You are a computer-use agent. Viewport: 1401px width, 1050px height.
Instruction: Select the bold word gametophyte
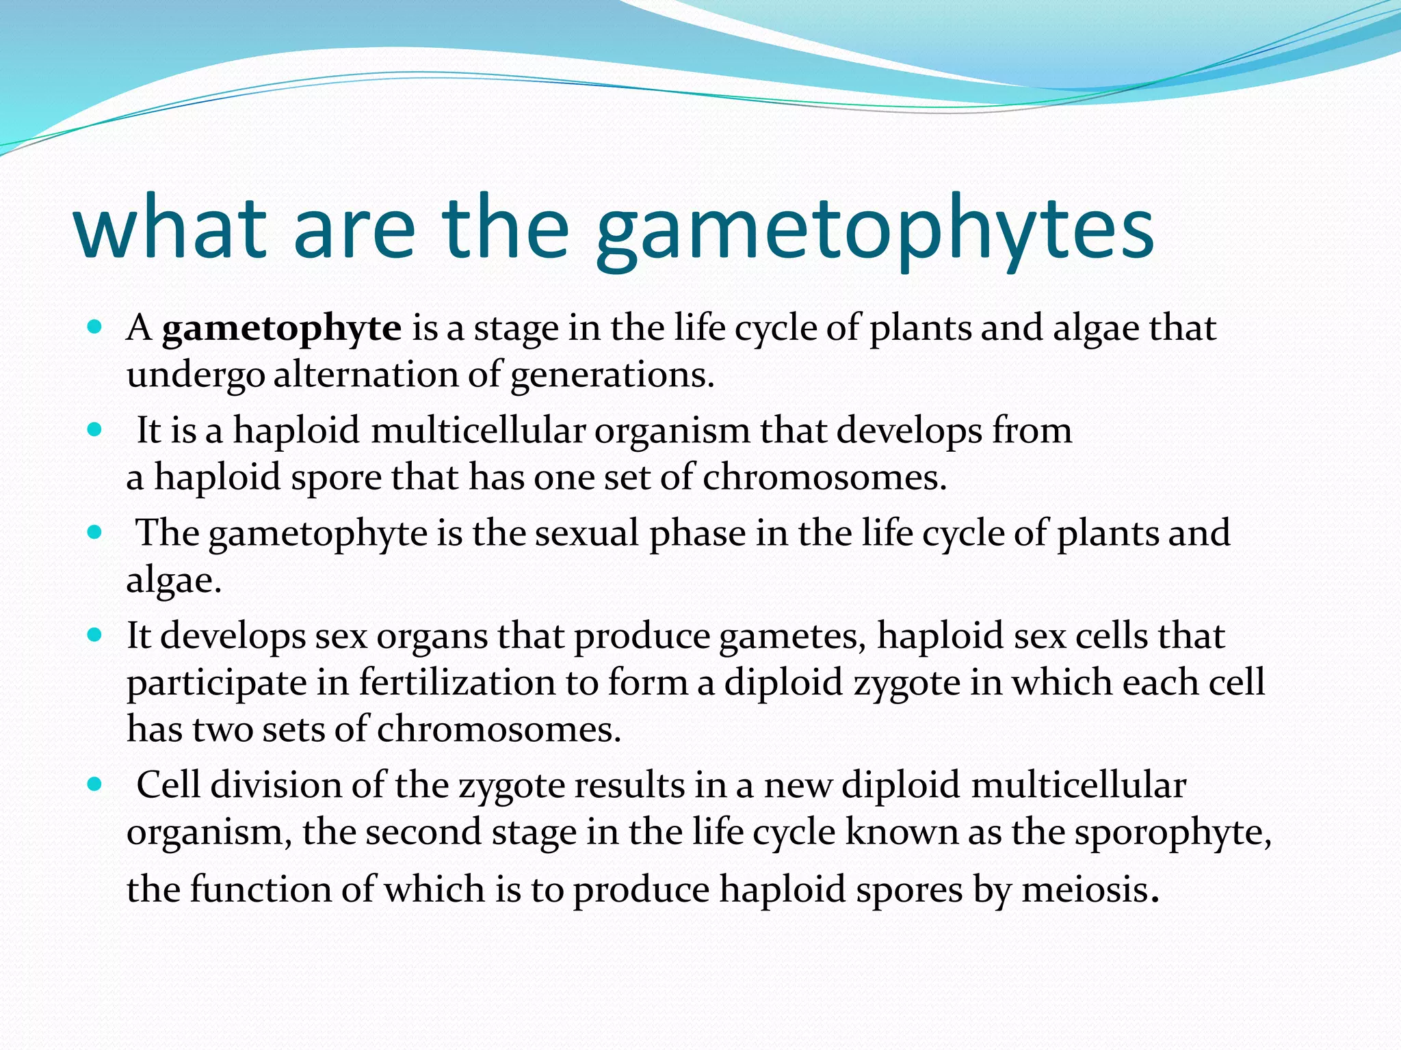[x=281, y=328]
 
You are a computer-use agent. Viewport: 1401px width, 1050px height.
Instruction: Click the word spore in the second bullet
[x=336, y=477]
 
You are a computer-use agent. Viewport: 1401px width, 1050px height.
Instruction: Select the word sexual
[x=586, y=533]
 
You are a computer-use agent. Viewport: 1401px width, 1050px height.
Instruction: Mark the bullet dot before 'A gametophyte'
[x=95, y=327]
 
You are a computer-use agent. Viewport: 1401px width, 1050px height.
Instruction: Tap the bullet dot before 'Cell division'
[x=95, y=784]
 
